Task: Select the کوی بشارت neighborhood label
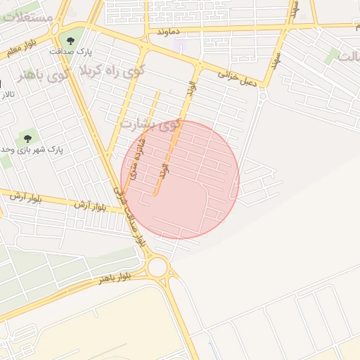150,124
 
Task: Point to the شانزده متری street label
141,155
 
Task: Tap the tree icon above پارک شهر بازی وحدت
28,138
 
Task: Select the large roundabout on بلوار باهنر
157,266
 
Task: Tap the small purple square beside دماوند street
181,47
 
